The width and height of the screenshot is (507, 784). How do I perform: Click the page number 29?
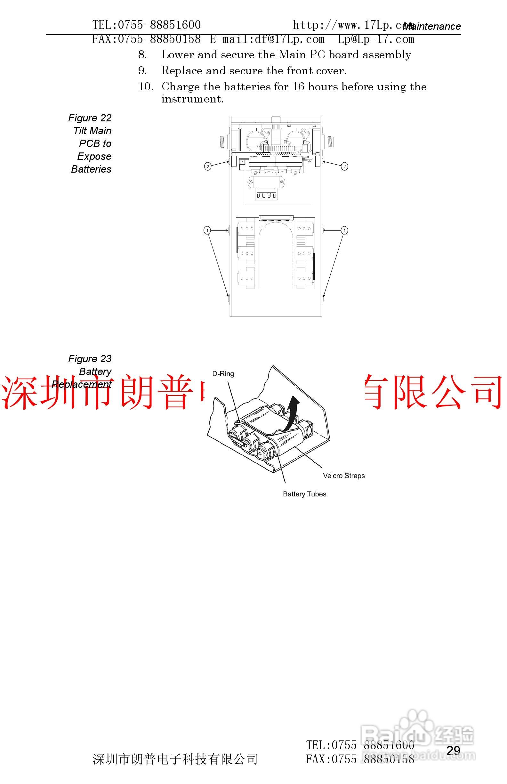click(453, 750)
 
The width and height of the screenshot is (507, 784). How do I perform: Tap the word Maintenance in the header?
click(432, 26)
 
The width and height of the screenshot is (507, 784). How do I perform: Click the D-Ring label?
click(223, 373)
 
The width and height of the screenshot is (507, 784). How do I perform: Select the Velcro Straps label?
click(344, 476)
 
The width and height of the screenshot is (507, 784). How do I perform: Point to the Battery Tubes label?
click(304, 494)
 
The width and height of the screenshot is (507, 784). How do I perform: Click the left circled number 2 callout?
click(208, 166)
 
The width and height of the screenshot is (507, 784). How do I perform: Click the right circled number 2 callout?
click(344, 166)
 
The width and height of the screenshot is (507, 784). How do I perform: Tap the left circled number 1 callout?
click(207, 230)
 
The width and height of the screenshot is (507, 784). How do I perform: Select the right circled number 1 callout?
click(344, 230)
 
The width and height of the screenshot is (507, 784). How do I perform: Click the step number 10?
click(146, 87)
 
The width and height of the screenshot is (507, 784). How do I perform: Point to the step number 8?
click(142, 55)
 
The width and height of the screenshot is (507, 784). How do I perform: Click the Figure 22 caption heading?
click(90, 118)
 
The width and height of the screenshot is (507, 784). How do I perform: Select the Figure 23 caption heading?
click(90, 359)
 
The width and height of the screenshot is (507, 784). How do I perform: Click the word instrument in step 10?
click(192, 99)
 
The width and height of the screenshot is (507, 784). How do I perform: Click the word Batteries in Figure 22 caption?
click(91, 169)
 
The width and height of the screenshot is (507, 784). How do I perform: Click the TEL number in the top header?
click(147, 25)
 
